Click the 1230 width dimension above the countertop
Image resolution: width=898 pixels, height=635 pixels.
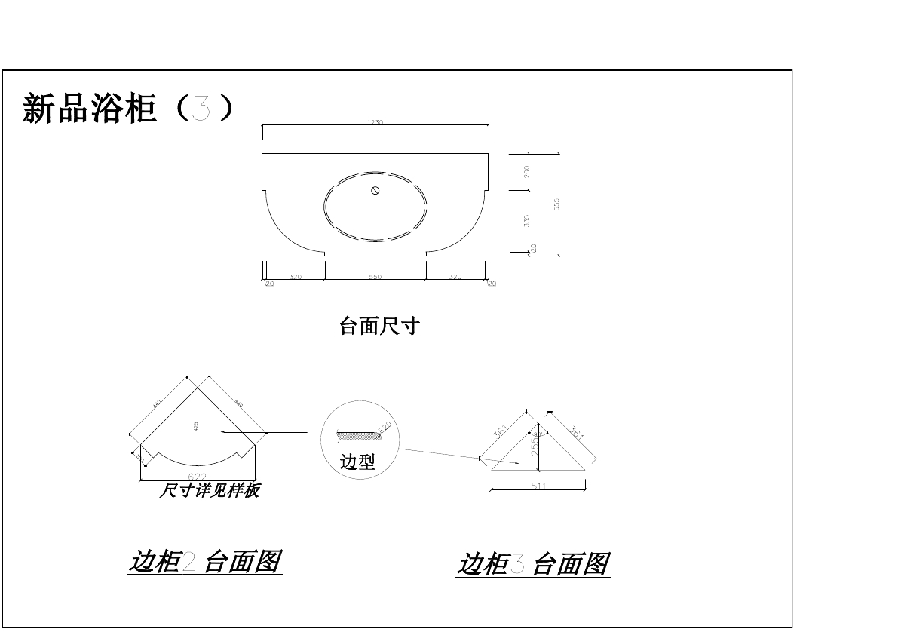coord(375,122)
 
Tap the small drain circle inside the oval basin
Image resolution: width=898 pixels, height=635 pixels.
coord(375,189)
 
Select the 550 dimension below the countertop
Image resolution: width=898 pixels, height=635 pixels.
coord(375,277)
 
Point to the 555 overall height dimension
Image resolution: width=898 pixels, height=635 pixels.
coord(556,204)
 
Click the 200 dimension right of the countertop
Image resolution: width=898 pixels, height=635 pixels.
coord(527,171)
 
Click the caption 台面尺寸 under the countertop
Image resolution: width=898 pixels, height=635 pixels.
coord(379,327)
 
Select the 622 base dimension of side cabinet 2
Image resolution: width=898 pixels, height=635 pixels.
coord(198,477)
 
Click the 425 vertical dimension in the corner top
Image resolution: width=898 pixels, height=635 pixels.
coord(195,426)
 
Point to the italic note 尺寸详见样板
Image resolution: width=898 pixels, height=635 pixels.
coord(210,491)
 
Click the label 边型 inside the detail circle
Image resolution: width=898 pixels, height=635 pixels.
coord(357,462)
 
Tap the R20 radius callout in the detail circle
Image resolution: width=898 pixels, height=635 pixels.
coord(385,429)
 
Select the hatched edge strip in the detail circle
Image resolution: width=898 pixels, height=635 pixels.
coord(357,436)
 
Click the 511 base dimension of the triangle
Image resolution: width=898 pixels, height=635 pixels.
coord(538,486)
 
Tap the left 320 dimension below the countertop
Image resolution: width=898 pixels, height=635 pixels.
coord(296,277)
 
